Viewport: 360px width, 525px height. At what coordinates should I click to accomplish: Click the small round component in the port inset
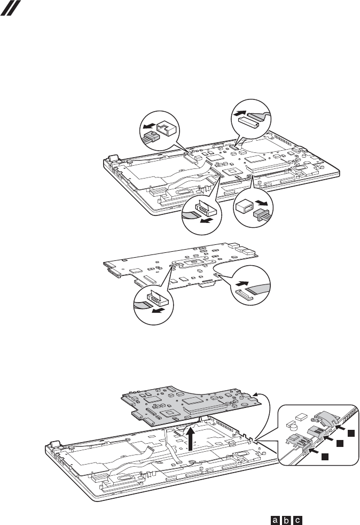[x=293, y=425]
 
